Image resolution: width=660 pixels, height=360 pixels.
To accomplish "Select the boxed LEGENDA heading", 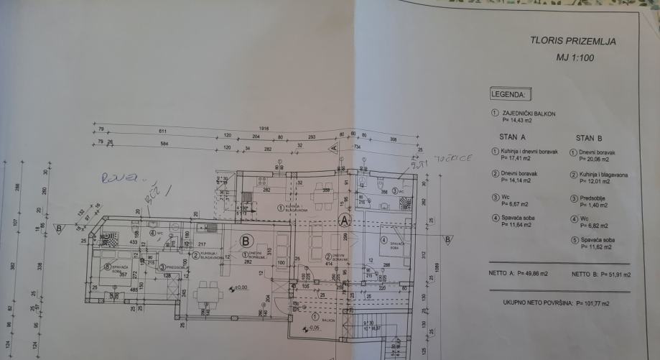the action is pos(508,94).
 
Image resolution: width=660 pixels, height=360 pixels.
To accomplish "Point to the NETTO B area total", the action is pos(602,274).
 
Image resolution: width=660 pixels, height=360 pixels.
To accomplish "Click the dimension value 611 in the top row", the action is pos(162,131).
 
